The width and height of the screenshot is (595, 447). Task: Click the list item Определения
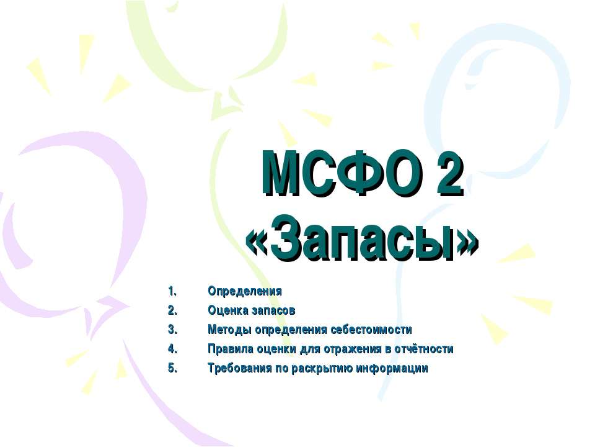pos(245,291)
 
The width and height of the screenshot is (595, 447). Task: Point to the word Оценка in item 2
pos(227,310)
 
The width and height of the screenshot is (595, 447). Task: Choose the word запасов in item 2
pos(272,310)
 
